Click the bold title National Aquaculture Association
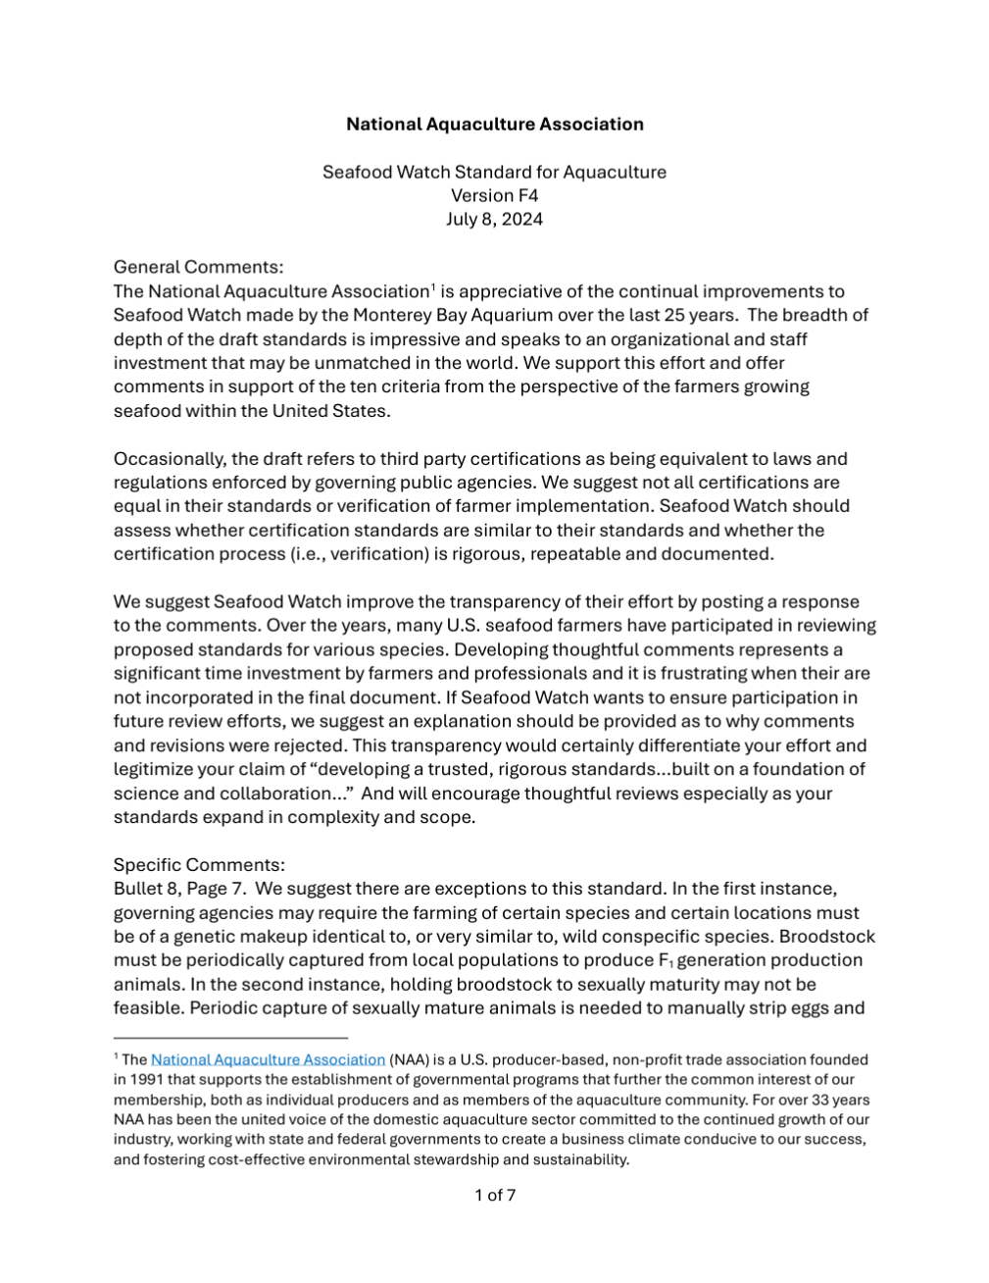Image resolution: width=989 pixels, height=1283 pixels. pyautogui.click(x=494, y=124)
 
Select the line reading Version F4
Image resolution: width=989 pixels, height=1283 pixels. pyautogui.click(x=494, y=195)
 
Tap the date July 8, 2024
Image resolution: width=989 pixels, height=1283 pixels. pyautogui.click(x=494, y=219)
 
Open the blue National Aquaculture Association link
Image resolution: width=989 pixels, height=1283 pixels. pyautogui.click(x=268, y=1059)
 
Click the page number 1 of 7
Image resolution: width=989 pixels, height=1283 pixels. pyautogui.click(x=495, y=1195)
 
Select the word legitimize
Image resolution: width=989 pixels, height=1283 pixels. pyautogui.click(x=154, y=769)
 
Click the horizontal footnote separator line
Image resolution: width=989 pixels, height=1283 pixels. pyautogui.click(x=230, y=1037)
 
